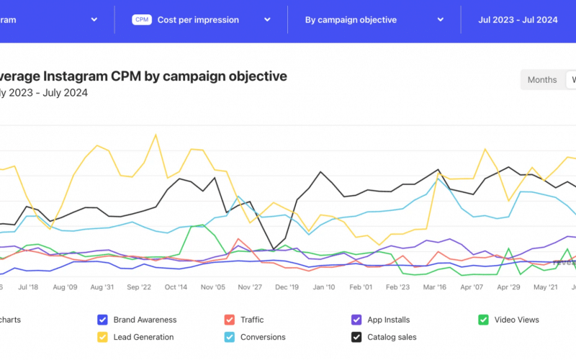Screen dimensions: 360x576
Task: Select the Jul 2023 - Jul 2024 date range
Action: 518,20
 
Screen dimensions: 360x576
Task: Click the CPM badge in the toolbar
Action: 142,20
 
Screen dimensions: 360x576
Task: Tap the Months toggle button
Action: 541,80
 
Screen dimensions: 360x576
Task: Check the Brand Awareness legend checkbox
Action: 102,320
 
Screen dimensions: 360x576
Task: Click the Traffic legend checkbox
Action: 229,320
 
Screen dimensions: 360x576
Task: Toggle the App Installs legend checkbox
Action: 356,320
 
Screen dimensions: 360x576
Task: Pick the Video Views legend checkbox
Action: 484,320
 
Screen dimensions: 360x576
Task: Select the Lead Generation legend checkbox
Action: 102,337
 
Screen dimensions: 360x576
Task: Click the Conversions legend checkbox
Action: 229,337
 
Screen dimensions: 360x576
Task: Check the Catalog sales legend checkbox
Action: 356,337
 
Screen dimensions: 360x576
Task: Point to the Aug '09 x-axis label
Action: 65,287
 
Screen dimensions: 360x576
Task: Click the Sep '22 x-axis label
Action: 138,287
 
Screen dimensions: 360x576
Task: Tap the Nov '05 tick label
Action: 212,287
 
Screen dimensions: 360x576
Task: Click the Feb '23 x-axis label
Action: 397,287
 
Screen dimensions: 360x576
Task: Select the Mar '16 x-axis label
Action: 434,287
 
